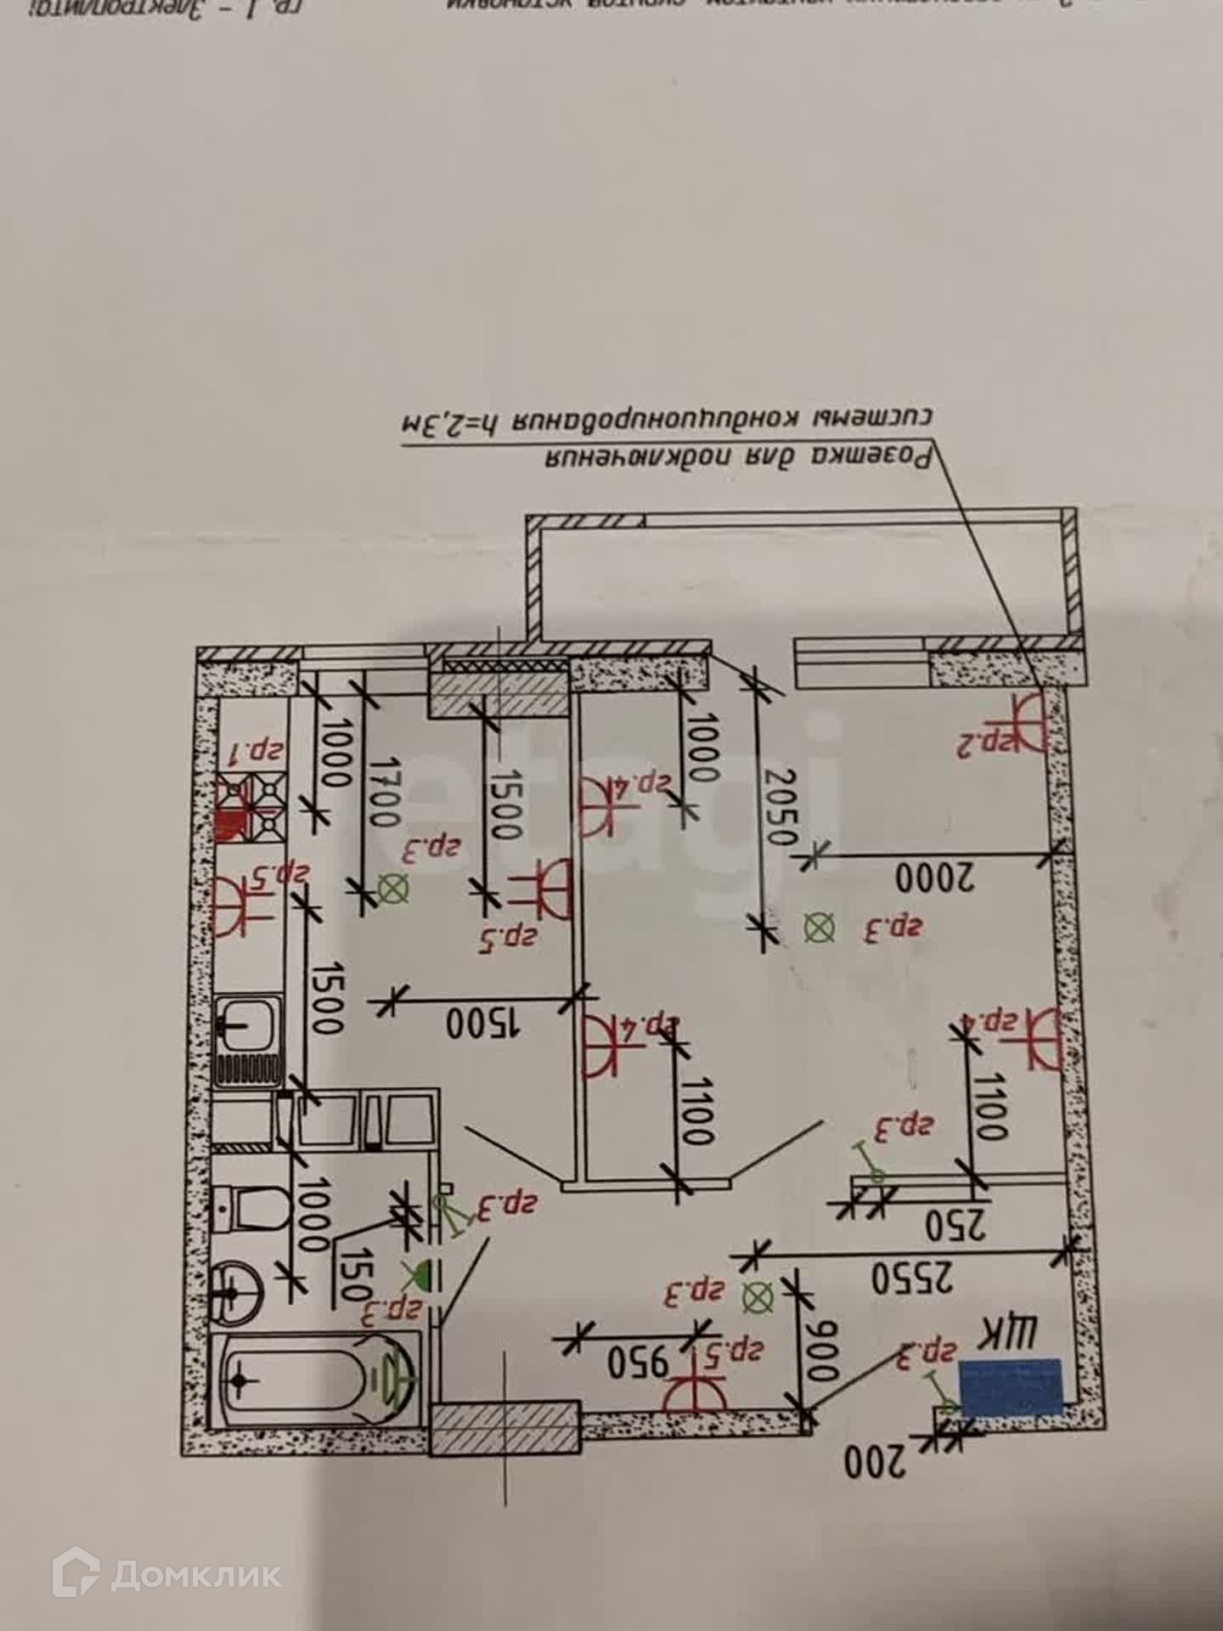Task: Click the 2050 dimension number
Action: click(779, 807)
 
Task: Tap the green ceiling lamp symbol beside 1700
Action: click(392, 889)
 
